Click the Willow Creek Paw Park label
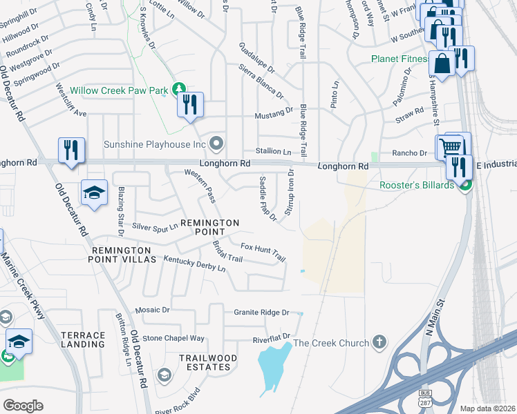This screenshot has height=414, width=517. [113, 88]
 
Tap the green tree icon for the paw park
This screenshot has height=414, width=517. [179, 88]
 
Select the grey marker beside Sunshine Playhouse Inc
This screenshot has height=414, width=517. [216, 144]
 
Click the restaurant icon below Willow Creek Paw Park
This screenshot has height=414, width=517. [190, 105]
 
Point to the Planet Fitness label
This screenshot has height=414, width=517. [401, 59]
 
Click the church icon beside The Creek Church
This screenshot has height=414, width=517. [378, 342]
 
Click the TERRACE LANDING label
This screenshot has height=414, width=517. [83, 339]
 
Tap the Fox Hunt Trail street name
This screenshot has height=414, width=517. [263, 251]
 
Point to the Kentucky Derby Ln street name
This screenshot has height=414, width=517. [194, 264]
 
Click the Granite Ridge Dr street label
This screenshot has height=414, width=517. [261, 313]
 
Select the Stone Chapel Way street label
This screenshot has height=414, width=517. [173, 338]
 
